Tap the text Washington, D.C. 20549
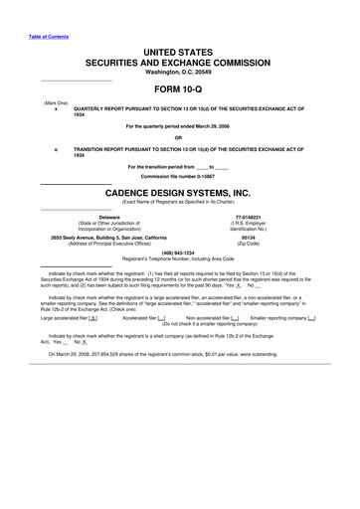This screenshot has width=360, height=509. click(x=179, y=72)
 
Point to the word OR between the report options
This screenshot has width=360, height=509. click(x=179, y=136)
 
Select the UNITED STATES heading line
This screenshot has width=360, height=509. click(x=179, y=51)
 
